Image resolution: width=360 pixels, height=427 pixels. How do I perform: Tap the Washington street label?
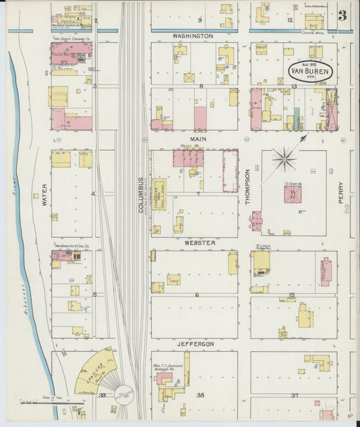tap(192, 35)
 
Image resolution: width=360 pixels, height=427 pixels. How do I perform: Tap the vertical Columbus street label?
tap(141, 195)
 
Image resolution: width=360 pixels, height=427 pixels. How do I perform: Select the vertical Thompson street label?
tap(248, 186)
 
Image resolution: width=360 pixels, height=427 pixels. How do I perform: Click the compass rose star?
tap(286, 160)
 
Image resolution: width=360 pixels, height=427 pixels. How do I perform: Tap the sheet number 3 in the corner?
tap(344, 15)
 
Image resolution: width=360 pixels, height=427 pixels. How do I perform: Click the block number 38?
tap(200, 395)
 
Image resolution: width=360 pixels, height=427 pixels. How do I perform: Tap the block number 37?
tap(294, 395)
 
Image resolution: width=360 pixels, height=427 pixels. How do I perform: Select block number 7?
tap(198, 194)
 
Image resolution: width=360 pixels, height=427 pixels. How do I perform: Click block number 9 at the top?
tap(199, 20)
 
